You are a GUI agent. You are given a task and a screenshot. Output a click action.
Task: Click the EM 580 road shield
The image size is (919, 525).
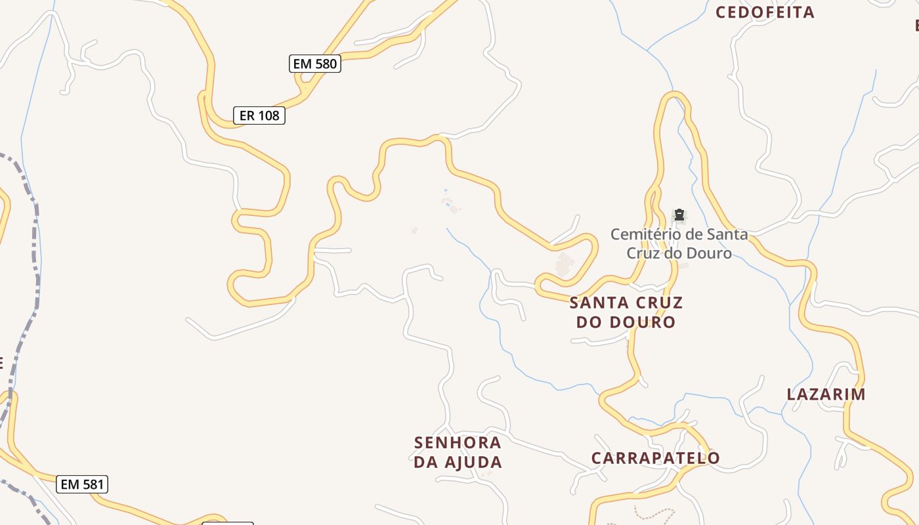click(314, 64)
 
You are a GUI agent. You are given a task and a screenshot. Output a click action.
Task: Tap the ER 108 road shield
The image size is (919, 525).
click(259, 116)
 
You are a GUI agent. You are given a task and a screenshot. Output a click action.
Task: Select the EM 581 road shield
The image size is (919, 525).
click(81, 484)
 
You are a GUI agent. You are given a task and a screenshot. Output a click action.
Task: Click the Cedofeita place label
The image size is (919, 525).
click(765, 12)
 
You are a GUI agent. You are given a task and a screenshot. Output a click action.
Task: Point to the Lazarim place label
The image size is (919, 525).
click(826, 394)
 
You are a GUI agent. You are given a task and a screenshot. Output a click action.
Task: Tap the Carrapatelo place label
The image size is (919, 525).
click(656, 457)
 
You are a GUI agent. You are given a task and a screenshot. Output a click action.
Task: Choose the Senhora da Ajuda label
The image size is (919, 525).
click(458, 452)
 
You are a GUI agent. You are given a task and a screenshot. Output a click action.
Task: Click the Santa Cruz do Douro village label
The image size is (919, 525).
click(626, 312)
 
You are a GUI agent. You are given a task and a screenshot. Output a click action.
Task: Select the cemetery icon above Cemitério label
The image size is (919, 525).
click(679, 215)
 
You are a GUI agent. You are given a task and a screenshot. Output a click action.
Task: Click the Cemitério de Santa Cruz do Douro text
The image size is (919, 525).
click(679, 243)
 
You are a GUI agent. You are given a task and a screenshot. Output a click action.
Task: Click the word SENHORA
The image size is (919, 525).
click(458, 443)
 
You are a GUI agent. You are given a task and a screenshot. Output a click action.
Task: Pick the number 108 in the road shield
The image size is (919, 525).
click(268, 116)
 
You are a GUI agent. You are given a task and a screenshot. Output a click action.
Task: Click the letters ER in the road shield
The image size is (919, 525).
click(247, 116)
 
